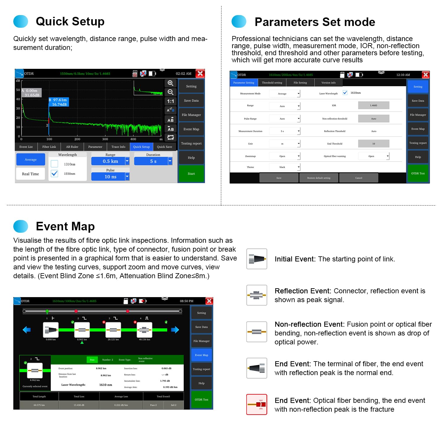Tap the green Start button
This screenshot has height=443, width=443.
click(x=191, y=174)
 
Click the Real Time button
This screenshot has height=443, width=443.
click(x=30, y=174)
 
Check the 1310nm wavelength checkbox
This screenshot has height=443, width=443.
click(x=54, y=164)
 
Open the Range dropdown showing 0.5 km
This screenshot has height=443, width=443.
click(x=110, y=161)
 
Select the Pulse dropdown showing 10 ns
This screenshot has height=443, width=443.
click(x=110, y=177)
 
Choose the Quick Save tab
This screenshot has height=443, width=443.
click(x=165, y=147)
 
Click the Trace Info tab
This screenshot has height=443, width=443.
click(x=118, y=147)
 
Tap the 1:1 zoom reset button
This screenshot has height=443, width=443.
click(x=170, y=101)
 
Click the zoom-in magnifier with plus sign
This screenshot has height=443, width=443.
click(x=170, y=83)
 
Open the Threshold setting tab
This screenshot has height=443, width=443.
click(x=272, y=83)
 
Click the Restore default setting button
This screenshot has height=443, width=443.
click(x=319, y=178)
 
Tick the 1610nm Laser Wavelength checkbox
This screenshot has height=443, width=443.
click(x=345, y=93)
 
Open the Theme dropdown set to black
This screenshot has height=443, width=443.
click(x=285, y=167)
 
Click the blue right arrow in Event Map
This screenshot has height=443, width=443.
click(x=175, y=330)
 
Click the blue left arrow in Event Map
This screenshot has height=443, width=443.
click(x=27, y=330)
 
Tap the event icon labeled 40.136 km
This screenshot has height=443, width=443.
click(x=144, y=330)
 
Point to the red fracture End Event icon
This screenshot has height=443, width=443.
click(x=257, y=404)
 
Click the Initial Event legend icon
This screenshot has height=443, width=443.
click(x=257, y=259)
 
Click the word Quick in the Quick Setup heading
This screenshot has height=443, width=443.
click(x=52, y=22)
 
